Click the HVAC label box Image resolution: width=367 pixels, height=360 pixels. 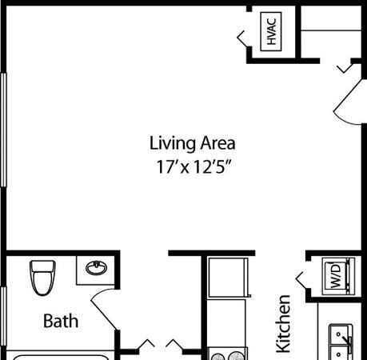pos(271,31)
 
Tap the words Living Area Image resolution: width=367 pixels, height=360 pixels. pos(192,143)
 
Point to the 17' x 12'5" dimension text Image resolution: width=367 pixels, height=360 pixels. pos(193,167)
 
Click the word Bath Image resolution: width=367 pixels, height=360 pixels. pos(61,321)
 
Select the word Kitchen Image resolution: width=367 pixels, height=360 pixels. pos(283,324)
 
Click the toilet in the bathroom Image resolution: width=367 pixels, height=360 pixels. pos(42,278)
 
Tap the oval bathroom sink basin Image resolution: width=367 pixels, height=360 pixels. pos(96,267)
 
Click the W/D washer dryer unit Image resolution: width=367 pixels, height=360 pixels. pos(338,276)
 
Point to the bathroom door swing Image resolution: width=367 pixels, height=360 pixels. pos(105,309)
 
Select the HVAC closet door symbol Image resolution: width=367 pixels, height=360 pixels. pos(242,38)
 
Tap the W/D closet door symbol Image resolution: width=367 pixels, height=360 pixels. pos(301,280)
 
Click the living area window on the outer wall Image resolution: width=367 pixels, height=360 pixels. pos(3,130)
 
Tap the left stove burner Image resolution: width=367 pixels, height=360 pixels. pos(217,356)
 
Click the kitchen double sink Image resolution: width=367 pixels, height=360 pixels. pos(341,342)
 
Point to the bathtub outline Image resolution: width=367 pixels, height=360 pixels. pos(61,358)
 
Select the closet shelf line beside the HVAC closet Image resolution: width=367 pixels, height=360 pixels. pos(331,30)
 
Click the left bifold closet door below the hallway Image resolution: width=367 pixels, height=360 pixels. pos(146,343)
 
